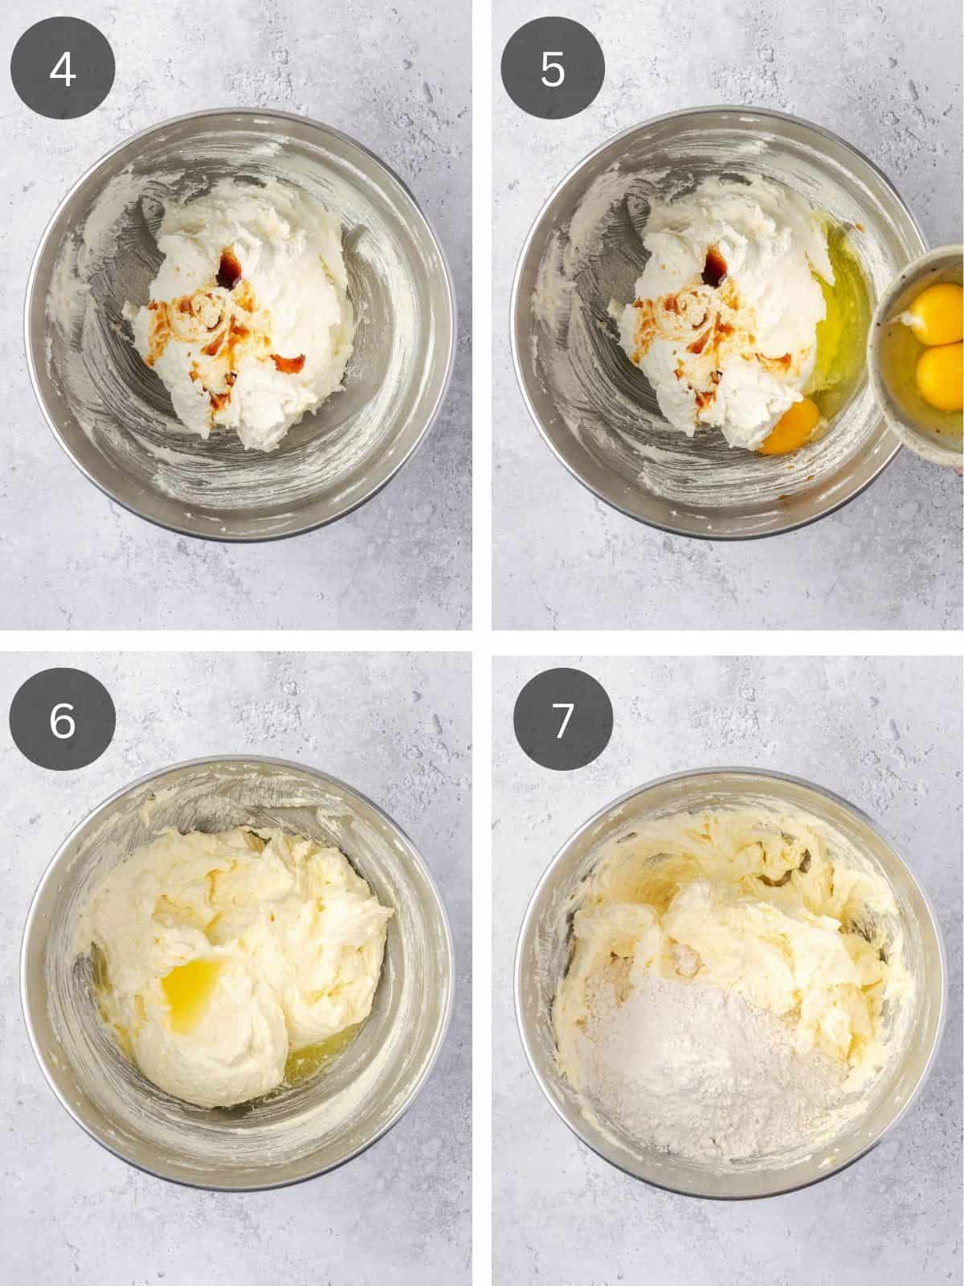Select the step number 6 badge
63,721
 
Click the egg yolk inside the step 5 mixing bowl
791,427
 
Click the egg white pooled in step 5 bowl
843,321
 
